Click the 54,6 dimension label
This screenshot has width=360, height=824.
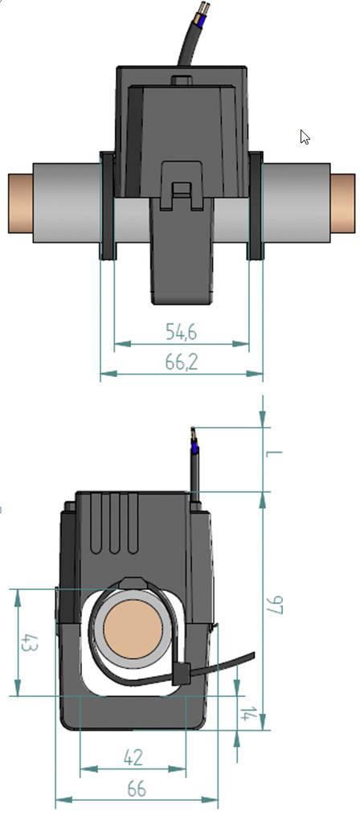(x=182, y=331)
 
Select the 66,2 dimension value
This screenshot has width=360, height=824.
(x=182, y=362)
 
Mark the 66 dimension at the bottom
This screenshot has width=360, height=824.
(x=137, y=789)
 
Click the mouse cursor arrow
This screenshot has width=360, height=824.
(x=305, y=137)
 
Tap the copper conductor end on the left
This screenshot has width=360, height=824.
(x=20, y=203)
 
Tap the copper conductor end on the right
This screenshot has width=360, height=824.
(x=342, y=203)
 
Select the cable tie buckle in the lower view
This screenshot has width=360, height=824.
(x=180, y=673)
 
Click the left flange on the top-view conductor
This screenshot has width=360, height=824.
(x=107, y=206)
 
